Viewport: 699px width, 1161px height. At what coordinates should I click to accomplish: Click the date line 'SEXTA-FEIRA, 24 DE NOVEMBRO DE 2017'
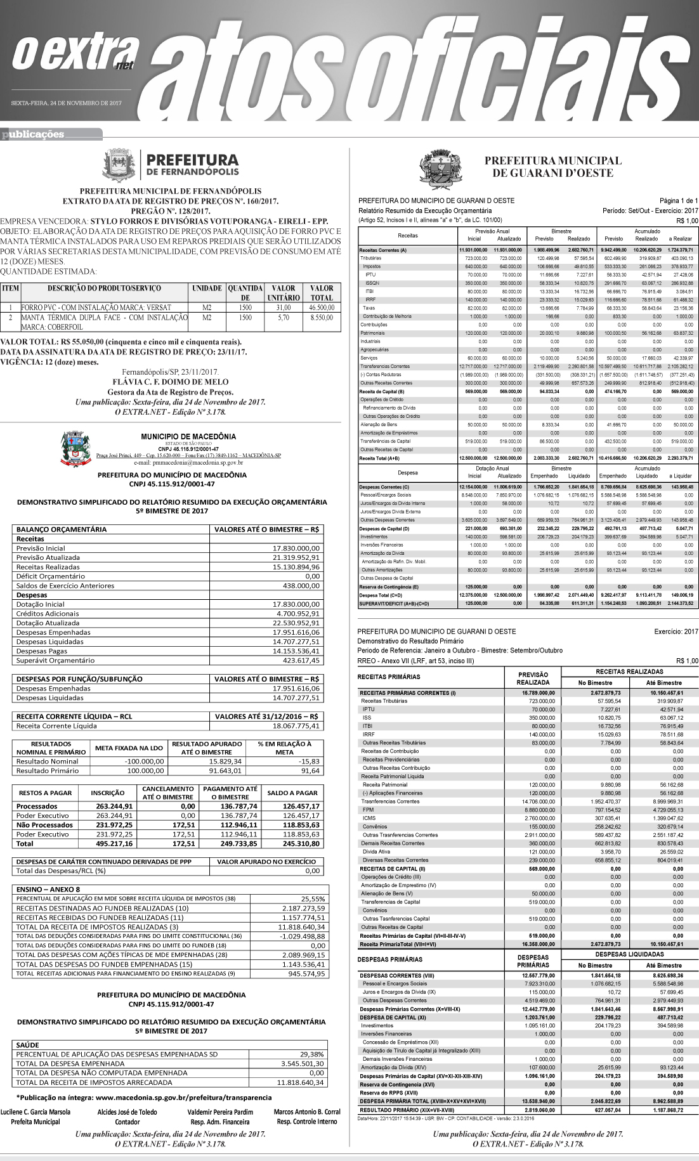(x=66, y=103)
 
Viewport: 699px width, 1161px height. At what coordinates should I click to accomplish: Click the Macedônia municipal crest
(x=75, y=448)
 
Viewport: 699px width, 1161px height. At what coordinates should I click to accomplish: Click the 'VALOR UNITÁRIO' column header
(x=283, y=293)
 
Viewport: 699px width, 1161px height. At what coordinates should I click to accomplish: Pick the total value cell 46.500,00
(x=322, y=308)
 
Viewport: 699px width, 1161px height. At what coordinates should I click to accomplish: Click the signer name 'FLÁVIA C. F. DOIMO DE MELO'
(x=170, y=382)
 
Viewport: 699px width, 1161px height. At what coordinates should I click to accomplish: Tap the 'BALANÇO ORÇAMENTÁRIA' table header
(x=62, y=529)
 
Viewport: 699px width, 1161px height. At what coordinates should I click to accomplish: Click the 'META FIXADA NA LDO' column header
(x=129, y=748)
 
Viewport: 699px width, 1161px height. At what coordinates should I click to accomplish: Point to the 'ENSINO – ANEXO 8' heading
(x=48, y=889)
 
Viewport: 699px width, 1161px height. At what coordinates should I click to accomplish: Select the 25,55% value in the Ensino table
(x=313, y=898)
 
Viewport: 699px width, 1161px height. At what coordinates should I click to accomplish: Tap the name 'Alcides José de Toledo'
(x=127, y=1112)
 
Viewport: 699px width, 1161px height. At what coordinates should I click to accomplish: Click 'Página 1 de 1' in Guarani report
(x=678, y=201)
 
